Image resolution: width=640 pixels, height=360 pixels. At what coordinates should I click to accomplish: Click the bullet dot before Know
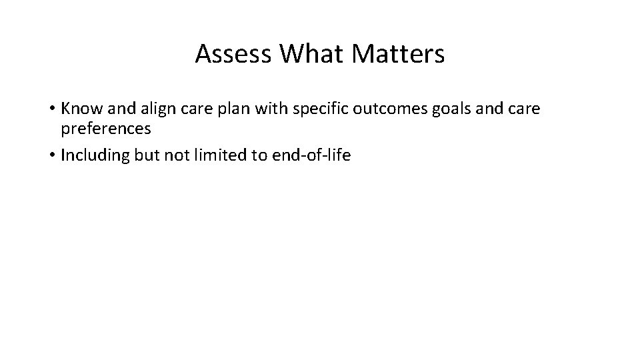coord(51,108)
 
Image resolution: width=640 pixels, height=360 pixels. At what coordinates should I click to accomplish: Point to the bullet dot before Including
coord(51,156)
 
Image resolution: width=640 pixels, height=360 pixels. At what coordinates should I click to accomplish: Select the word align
coord(147,108)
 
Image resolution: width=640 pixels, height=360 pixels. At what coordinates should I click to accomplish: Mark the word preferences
coord(106,127)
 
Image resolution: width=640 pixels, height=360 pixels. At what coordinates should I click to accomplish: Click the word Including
coord(93,156)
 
